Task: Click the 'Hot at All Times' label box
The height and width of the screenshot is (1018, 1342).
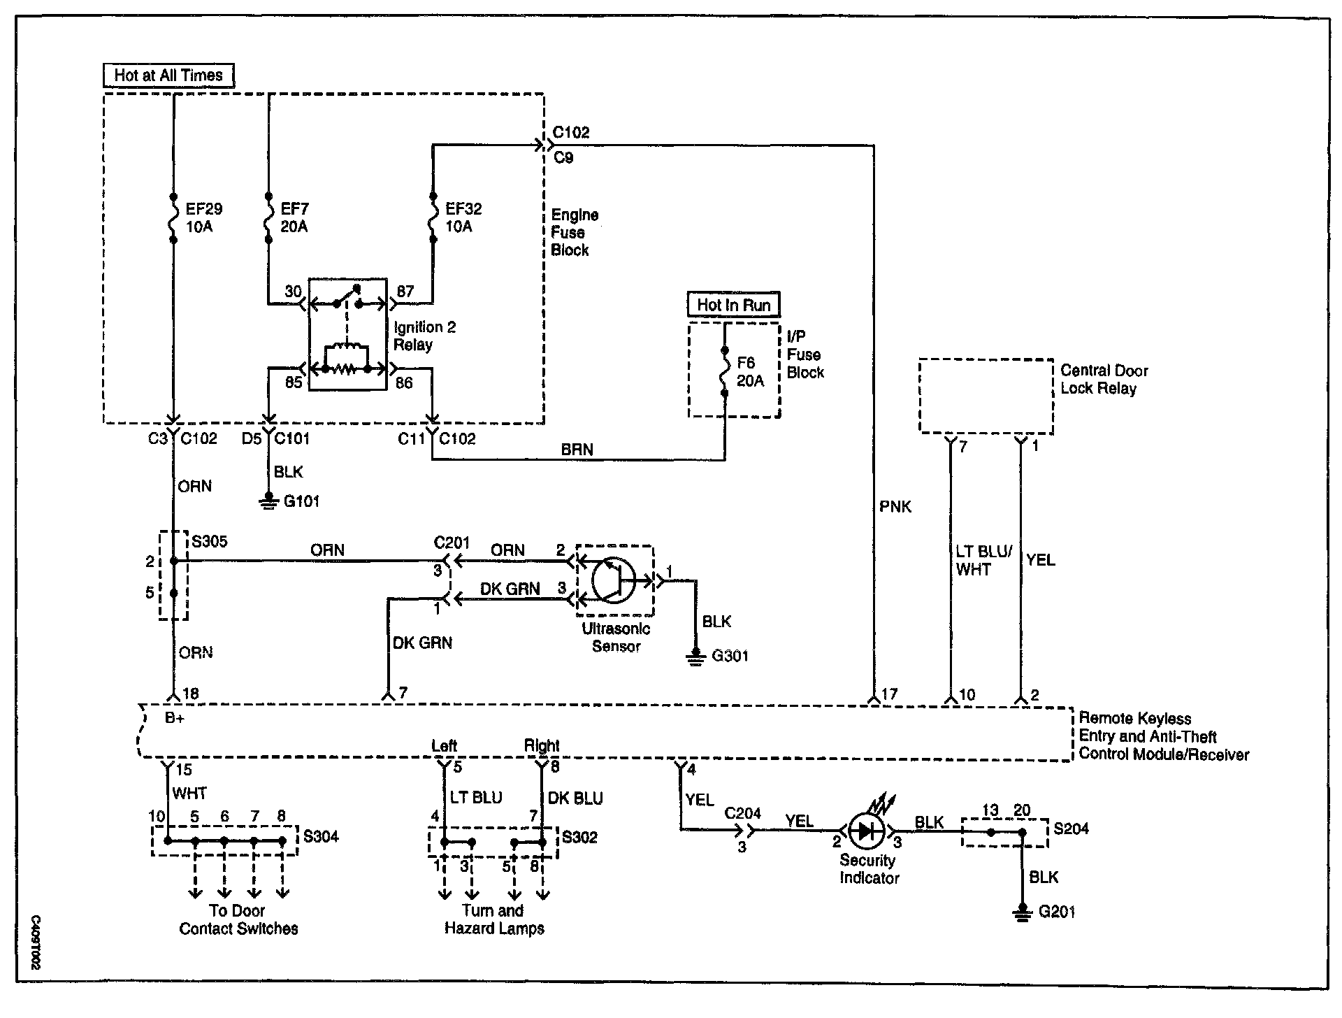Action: (x=168, y=76)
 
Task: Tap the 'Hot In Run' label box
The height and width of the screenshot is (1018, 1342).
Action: (x=734, y=305)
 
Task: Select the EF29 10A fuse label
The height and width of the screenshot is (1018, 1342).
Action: (x=203, y=217)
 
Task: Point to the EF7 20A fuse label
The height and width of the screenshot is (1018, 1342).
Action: (x=294, y=217)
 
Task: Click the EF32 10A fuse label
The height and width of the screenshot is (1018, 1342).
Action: (x=463, y=217)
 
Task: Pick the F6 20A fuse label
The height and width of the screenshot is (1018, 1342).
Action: (x=751, y=371)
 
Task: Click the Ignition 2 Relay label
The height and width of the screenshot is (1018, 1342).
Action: (x=424, y=336)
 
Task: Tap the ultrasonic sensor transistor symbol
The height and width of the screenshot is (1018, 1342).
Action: (x=613, y=580)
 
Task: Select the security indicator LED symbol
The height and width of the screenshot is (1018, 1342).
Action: (x=866, y=831)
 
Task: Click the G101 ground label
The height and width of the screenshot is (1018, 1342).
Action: (x=302, y=501)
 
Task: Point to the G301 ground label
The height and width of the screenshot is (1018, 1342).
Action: (x=730, y=656)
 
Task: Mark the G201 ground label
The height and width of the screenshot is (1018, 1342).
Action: (x=1057, y=912)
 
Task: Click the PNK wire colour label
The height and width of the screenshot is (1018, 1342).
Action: (x=895, y=506)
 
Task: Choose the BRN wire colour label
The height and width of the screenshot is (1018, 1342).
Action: (x=577, y=450)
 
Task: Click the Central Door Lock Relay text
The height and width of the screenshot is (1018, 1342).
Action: (x=1104, y=380)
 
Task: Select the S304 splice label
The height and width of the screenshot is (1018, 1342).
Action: (x=321, y=836)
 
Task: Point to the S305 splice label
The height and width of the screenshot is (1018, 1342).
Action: (x=209, y=541)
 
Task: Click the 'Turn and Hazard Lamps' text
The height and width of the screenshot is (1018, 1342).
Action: (x=494, y=919)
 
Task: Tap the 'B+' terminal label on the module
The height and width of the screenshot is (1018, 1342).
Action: (x=174, y=718)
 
